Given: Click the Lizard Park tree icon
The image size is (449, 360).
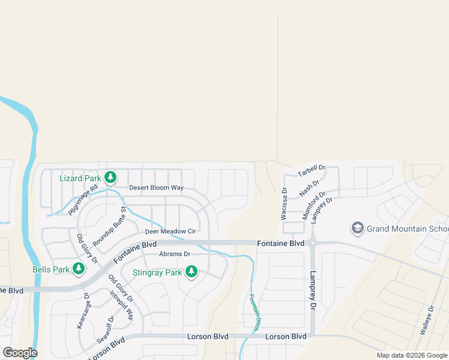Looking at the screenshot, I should tap(110, 177).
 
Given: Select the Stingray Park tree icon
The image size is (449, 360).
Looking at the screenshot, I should tap(191, 272).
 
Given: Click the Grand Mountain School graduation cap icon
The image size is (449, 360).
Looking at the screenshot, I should tap(357, 228).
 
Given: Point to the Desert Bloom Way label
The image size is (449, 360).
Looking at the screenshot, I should tap(156, 188).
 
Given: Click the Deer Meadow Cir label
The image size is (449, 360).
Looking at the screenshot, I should tap(170, 231).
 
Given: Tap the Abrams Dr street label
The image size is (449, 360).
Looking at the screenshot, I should tap(174, 254).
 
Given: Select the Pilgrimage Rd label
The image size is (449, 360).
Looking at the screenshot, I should tap(83, 200).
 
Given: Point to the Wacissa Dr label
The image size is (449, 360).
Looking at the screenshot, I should tap(285, 204).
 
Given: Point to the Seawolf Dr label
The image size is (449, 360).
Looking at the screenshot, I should tap(105, 331).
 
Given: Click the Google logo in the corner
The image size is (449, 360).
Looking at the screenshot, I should tap(20, 352).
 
